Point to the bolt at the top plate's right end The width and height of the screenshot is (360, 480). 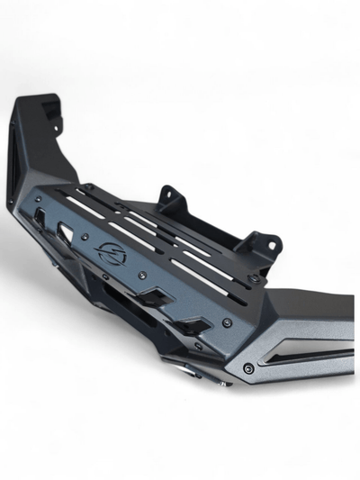(257, 280)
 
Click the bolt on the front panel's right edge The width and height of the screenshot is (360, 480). (226, 322)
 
